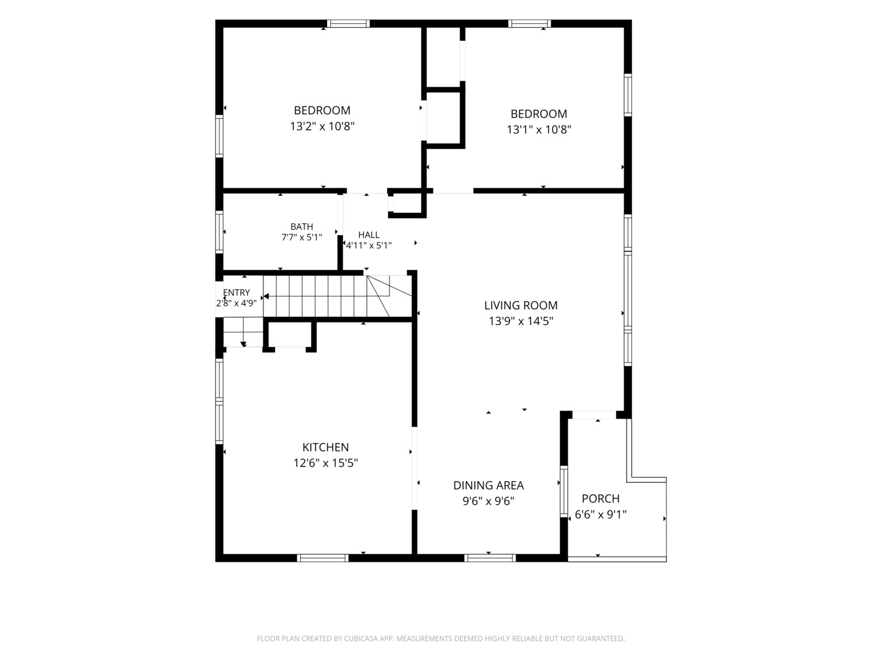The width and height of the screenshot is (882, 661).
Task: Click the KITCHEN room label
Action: [325, 447]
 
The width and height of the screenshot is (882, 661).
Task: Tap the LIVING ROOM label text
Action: [521, 305]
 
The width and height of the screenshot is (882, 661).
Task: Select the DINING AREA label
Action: [488, 485]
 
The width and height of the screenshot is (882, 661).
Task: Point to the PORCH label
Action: [600, 498]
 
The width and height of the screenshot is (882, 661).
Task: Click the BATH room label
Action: [301, 226]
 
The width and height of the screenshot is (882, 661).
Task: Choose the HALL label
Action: [369, 235]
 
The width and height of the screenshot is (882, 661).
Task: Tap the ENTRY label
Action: [236, 293]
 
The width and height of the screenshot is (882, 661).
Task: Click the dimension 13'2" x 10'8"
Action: [322, 127]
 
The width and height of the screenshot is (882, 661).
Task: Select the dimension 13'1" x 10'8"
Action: [539, 130]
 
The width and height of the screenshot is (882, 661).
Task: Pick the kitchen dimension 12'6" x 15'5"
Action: [325, 463]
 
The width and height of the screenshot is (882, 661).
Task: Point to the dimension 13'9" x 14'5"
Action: [521, 321]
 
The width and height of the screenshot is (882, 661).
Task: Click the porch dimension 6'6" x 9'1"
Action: [601, 515]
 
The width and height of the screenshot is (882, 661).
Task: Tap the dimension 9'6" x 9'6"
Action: [488, 501]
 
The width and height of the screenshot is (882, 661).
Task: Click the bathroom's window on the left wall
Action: [219, 233]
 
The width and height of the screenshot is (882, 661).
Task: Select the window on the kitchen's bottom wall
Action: [323, 558]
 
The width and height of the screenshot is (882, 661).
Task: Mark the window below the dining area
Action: [490, 558]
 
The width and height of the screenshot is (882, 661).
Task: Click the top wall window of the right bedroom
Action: [529, 24]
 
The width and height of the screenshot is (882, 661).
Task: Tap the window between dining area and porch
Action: [563, 491]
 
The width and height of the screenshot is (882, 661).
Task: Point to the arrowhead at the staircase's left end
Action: [266, 296]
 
